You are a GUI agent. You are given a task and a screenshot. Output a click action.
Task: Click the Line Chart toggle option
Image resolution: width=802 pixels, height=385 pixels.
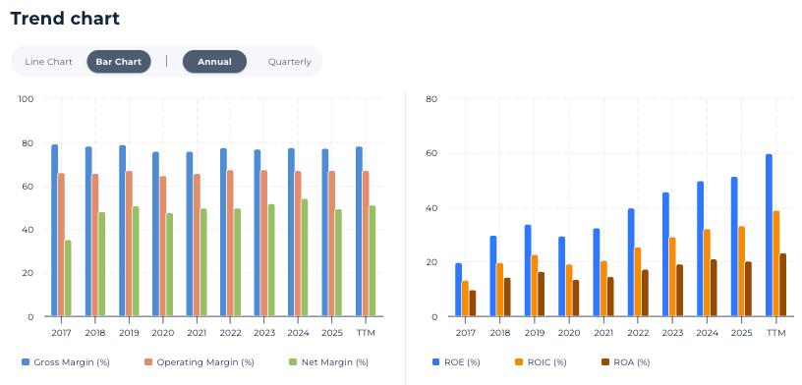point(48,62)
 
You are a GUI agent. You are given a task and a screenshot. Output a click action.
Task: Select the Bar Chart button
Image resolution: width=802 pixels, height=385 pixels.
point(119,62)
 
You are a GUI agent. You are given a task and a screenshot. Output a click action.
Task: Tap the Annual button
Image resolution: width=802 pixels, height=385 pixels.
point(215,62)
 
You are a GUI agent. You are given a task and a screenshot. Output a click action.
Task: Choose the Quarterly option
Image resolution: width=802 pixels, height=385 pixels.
point(290,62)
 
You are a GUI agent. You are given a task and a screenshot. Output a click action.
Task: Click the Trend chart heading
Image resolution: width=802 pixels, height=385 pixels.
point(65,19)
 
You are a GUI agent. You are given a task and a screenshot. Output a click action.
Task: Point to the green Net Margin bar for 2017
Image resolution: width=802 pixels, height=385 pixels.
point(68,278)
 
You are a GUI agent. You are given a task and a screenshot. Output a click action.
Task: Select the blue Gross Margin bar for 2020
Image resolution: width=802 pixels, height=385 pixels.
point(155,234)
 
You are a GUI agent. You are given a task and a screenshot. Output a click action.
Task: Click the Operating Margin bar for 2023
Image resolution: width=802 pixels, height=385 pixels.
point(264,244)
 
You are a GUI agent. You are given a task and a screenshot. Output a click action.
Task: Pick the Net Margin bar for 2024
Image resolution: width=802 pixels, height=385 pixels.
point(305,257)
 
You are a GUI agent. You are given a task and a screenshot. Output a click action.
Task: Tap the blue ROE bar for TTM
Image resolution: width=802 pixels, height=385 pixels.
point(769,235)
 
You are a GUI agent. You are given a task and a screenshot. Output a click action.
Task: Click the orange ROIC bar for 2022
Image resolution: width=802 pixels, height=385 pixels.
point(638,282)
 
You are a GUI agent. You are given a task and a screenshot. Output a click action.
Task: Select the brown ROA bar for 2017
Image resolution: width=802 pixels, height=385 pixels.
point(473,303)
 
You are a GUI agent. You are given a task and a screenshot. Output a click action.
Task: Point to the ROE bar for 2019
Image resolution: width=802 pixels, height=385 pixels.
point(528,270)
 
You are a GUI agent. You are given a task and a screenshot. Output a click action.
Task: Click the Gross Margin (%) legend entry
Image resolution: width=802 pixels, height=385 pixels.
point(66,362)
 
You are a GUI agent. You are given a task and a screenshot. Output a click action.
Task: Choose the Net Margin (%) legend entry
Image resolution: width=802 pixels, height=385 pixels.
point(328,362)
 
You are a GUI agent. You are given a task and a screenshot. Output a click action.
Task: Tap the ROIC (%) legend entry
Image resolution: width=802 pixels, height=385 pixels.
point(541,362)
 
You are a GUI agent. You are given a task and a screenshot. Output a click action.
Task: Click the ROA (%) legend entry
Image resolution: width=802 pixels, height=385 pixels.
point(625,362)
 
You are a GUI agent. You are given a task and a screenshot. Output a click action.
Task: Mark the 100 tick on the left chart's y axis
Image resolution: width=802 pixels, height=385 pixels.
point(26,98)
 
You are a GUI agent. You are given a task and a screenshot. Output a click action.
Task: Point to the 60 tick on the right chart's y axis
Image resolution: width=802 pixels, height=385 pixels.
point(431,153)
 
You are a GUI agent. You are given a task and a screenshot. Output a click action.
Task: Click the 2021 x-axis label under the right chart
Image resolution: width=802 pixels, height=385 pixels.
point(603,333)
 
